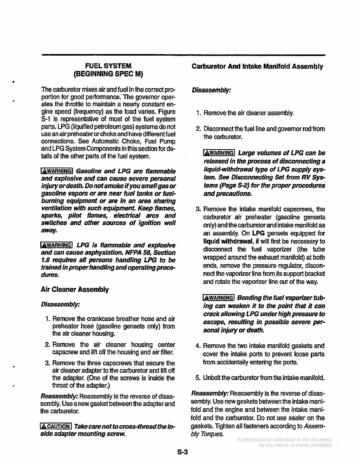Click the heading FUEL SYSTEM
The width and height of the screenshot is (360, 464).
click(108, 66)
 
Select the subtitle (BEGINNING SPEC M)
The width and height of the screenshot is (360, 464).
click(108, 74)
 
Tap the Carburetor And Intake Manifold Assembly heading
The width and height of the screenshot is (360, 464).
click(257, 66)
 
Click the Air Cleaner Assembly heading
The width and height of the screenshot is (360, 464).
click(74, 290)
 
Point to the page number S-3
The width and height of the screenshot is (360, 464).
click(182, 452)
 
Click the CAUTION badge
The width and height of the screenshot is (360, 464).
click(56, 426)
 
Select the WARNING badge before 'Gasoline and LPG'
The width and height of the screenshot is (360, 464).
click(56, 171)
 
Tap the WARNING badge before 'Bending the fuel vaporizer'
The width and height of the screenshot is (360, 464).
click(218, 298)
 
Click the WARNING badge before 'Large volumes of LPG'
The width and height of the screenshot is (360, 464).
click(219, 153)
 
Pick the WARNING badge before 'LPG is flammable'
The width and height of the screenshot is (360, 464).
click(56, 245)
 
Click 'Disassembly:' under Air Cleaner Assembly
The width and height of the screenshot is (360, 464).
click(60, 304)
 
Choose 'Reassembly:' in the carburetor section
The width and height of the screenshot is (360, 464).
click(210, 394)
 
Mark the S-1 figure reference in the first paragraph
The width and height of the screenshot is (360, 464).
click(45, 119)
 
